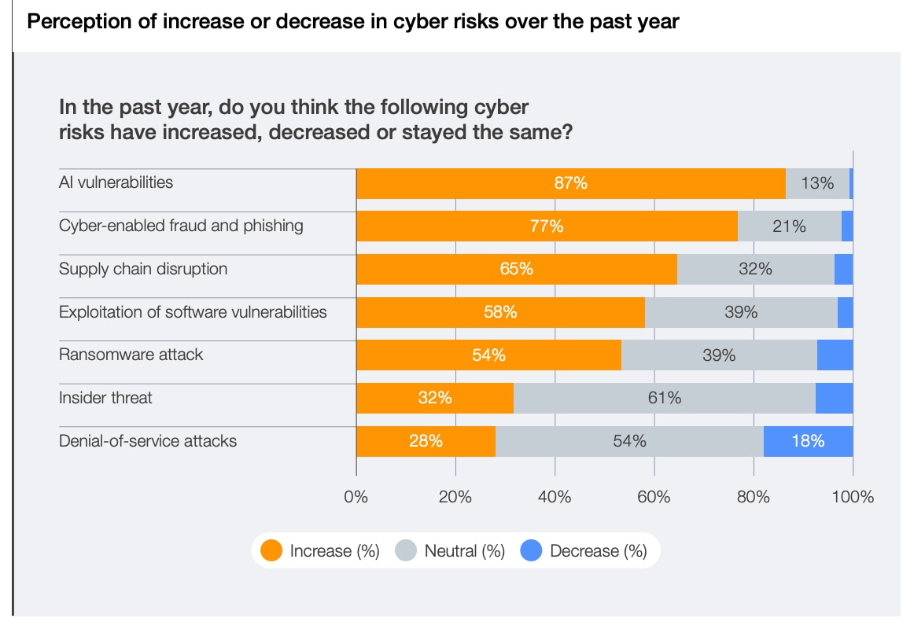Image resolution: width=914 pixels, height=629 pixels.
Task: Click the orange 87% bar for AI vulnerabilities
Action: [570, 183]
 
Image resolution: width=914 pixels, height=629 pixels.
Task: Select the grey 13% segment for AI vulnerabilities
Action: [817, 183]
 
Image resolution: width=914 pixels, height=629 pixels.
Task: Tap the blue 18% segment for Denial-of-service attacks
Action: [808, 441]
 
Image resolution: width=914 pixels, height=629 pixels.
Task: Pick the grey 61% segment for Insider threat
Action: [664, 398]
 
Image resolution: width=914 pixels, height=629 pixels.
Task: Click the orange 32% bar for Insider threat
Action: [434, 398]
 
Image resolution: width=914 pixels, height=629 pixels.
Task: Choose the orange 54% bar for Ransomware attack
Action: [488, 355]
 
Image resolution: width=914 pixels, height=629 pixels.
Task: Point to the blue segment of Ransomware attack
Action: [835, 355]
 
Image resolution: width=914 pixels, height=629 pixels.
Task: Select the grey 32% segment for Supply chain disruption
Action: [755, 269]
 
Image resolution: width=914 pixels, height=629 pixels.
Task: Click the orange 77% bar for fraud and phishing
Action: [547, 226]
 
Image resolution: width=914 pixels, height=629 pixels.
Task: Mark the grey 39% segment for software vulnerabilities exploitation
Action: [741, 312]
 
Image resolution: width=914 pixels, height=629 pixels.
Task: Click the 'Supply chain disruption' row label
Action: [143, 269]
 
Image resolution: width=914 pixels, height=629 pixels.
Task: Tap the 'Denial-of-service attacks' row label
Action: [148, 441]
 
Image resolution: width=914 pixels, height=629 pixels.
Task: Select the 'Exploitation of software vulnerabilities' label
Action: [193, 312]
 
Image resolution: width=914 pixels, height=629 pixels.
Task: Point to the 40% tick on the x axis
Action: [555, 497]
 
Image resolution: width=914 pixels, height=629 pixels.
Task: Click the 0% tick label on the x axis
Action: [356, 497]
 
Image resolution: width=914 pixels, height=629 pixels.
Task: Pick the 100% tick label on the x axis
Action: [853, 497]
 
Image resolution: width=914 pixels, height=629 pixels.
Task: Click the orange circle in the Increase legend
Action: [271, 551]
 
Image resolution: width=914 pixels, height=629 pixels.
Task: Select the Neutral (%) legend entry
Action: [451, 551]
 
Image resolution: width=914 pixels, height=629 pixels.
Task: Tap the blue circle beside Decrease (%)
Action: [532, 551]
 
